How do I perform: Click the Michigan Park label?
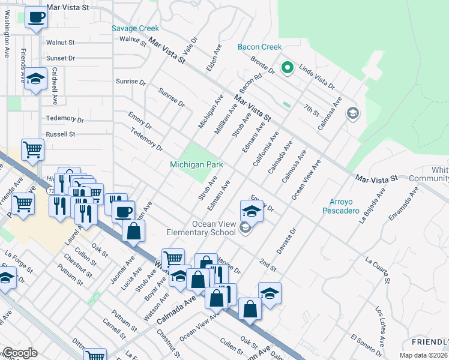click(196, 164)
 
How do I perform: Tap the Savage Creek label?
click(136, 28)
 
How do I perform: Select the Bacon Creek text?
click(259, 47)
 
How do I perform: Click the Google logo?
click(19, 353)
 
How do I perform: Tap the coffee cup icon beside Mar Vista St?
click(37, 17)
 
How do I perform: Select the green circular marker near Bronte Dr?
click(287, 68)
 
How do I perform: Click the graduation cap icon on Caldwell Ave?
click(36, 79)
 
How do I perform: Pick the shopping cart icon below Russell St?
click(32, 148)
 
